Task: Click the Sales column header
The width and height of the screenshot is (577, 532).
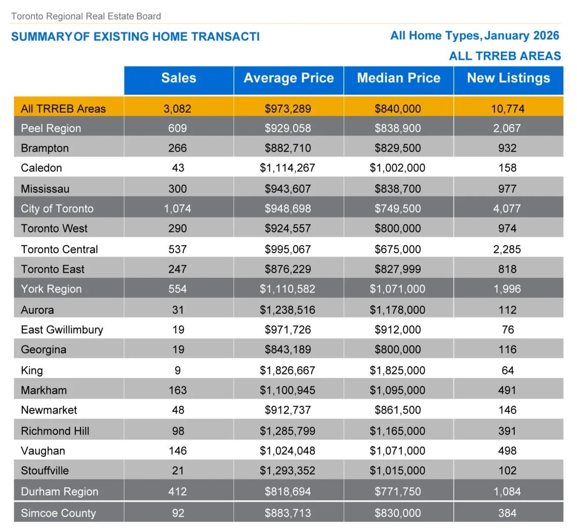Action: [x=179, y=78]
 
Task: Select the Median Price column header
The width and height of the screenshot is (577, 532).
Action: [x=398, y=78]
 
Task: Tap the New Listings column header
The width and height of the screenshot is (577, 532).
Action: [x=508, y=78]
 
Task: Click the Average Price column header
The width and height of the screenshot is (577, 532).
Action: [x=288, y=78]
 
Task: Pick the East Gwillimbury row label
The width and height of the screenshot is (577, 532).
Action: [x=62, y=330]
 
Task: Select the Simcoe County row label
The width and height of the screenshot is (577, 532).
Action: [x=58, y=513]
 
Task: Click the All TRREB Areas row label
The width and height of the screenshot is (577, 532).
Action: [x=63, y=108]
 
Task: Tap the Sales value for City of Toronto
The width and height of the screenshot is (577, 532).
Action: [x=178, y=209]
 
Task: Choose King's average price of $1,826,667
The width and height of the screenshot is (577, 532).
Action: [x=287, y=370]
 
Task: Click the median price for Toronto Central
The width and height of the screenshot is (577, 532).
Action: [x=397, y=249]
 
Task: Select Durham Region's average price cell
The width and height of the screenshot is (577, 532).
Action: [x=287, y=492]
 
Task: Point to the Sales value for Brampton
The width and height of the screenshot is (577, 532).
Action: [x=178, y=148]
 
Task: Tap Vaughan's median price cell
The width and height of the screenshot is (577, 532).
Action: [x=397, y=451]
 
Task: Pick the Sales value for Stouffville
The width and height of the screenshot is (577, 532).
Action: [x=178, y=470]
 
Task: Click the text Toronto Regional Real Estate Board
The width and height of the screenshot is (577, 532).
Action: [x=86, y=16]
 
